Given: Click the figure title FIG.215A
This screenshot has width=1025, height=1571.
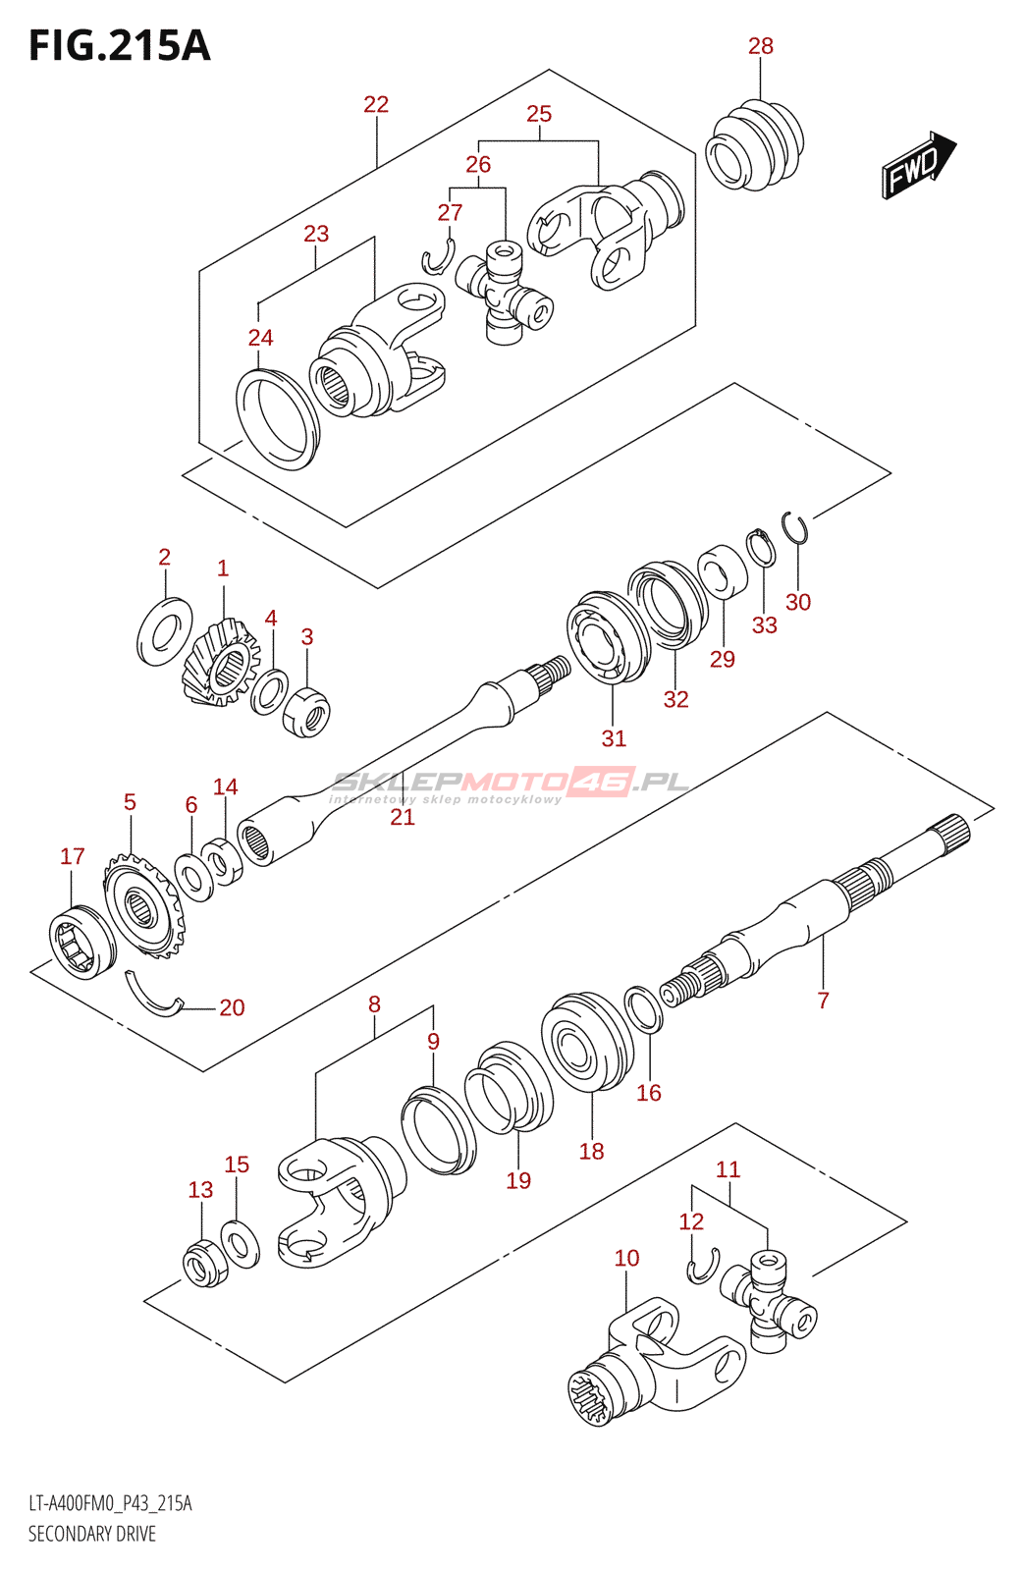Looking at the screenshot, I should [x=119, y=46].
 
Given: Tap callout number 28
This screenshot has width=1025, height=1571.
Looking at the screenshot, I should [x=761, y=46].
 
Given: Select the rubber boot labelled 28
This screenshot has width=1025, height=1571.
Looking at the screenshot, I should [x=754, y=144].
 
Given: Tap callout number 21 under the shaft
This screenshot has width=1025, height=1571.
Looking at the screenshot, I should [x=403, y=817].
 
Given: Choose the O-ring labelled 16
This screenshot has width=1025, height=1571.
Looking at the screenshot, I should [x=643, y=1010].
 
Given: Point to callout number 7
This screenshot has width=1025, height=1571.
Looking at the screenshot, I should [x=823, y=1001].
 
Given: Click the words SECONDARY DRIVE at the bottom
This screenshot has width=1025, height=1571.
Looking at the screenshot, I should [x=92, y=1534].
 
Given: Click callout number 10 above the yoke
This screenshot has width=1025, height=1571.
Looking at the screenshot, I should [x=626, y=1258].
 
